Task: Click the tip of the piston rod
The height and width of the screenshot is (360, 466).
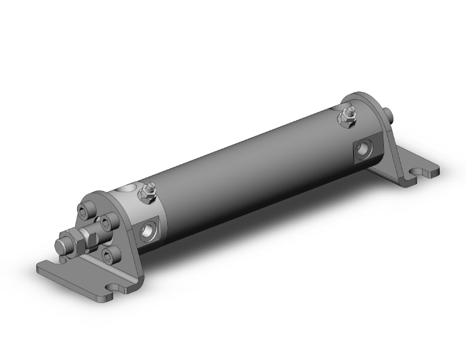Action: [63, 244]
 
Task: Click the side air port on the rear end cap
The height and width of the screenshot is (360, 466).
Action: [362, 149]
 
